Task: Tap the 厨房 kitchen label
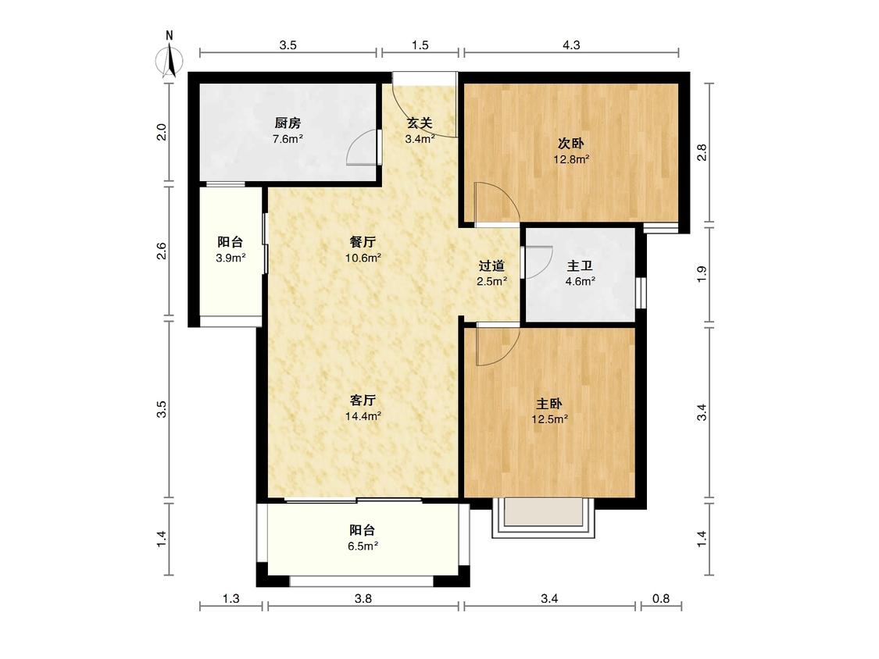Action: pyautogui.click(x=288, y=123)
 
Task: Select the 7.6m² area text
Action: pyautogui.click(x=288, y=139)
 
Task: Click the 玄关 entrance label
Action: pyautogui.click(x=420, y=123)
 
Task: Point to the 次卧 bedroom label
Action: pyautogui.click(x=571, y=144)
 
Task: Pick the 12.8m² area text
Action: pyautogui.click(x=571, y=160)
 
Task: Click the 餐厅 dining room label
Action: pyautogui.click(x=363, y=242)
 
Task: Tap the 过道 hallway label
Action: pyautogui.click(x=491, y=265)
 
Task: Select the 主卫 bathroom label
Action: pyautogui.click(x=580, y=265)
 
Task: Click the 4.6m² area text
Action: pyautogui.click(x=580, y=281)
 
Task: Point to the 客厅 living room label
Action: pyautogui.click(x=363, y=400)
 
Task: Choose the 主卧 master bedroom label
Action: pyautogui.click(x=549, y=404)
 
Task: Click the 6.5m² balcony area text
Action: pyautogui.click(x=363, y=547)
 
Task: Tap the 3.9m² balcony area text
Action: pyautogui.click(x=230, y=258)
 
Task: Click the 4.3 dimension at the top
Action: pyautogui.click(x=571, y=45)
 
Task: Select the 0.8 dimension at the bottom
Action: pyautogui.click(x=662, y=598)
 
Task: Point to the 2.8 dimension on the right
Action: pyautogui.click(x=702, y=152)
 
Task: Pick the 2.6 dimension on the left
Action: pyautogui.click(x=162, y=251)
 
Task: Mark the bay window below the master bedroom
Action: pyautogui.click(x=543, y=518)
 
